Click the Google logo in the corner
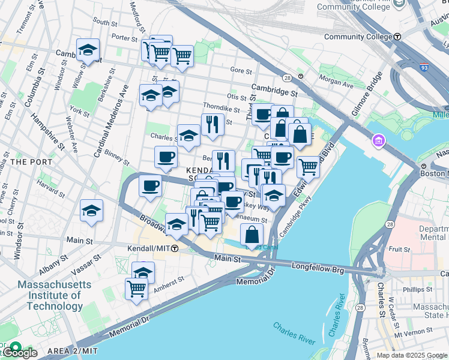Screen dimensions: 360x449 pos(19,353)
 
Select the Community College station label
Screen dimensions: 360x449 pos(363,37)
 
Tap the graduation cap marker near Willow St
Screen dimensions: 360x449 pos(88,51)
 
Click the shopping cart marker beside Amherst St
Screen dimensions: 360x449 pos(136,289)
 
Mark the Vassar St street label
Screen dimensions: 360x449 pos(94,257)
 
